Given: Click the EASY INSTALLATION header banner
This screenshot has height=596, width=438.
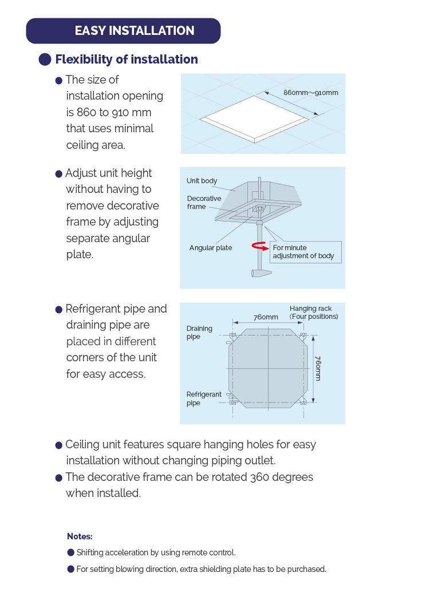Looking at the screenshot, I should [x=123, y=31].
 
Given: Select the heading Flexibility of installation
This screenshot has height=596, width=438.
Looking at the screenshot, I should [x=126, y=60].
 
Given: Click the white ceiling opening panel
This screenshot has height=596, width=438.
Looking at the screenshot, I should [x=254, y=118].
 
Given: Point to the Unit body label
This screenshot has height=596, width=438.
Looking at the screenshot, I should [x=202, y=181].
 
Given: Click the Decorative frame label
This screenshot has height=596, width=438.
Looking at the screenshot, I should [x=204, y=203].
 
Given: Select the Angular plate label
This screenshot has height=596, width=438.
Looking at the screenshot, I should [x=211, y=248].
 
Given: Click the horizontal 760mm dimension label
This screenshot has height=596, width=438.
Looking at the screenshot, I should [x=266, y=317].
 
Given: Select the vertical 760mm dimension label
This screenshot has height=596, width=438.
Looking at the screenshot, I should [x=318, y=367].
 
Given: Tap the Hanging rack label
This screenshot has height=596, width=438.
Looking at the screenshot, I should [x=313, y=312].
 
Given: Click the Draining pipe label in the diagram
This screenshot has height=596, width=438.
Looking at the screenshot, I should [x=199, y=333].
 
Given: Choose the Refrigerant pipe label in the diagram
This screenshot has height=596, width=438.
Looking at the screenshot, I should [x=203, y=398].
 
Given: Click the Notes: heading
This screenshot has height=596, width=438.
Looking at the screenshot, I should [x=80, y=536].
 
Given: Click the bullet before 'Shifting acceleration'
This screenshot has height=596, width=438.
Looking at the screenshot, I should [x=71, y=552].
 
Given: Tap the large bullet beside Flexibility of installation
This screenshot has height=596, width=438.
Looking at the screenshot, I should [x=45, y=60].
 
